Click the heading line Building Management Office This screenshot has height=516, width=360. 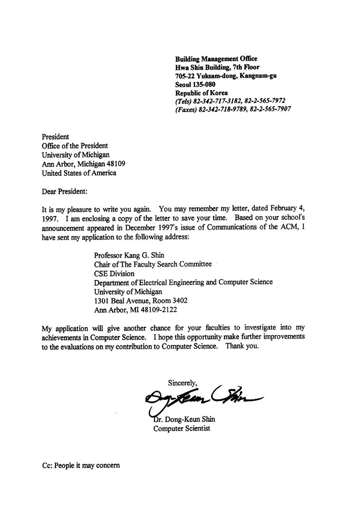(x=216, y=59)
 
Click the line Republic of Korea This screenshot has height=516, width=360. (x=201, y=93)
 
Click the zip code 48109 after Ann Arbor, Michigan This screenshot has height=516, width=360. (x=116, y=163)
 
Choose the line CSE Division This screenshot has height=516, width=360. (x=114, y=273)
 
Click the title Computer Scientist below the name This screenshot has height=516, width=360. (x=181, y=429)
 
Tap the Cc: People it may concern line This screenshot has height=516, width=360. (x=81, y=465)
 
